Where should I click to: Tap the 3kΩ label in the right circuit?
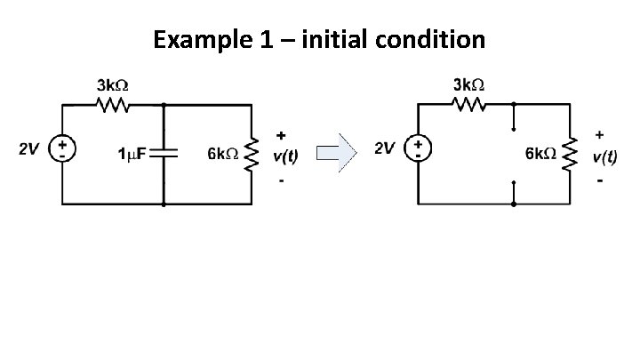(468, 85)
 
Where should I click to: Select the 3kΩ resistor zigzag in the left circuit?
(113, 105)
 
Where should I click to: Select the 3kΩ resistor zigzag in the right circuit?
(468, 105)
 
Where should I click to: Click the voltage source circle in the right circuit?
(416, 148)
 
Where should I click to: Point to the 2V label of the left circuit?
(29, 149)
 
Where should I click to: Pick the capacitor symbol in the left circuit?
(165, 153)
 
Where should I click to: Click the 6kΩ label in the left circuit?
(221, 154)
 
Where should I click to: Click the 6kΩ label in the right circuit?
(540, 153)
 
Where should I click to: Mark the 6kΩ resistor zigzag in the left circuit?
(253, 154)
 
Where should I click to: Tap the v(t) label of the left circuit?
(285, 156)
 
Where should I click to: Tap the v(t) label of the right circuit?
(605, 155)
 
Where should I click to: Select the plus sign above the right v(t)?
(601, 134)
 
